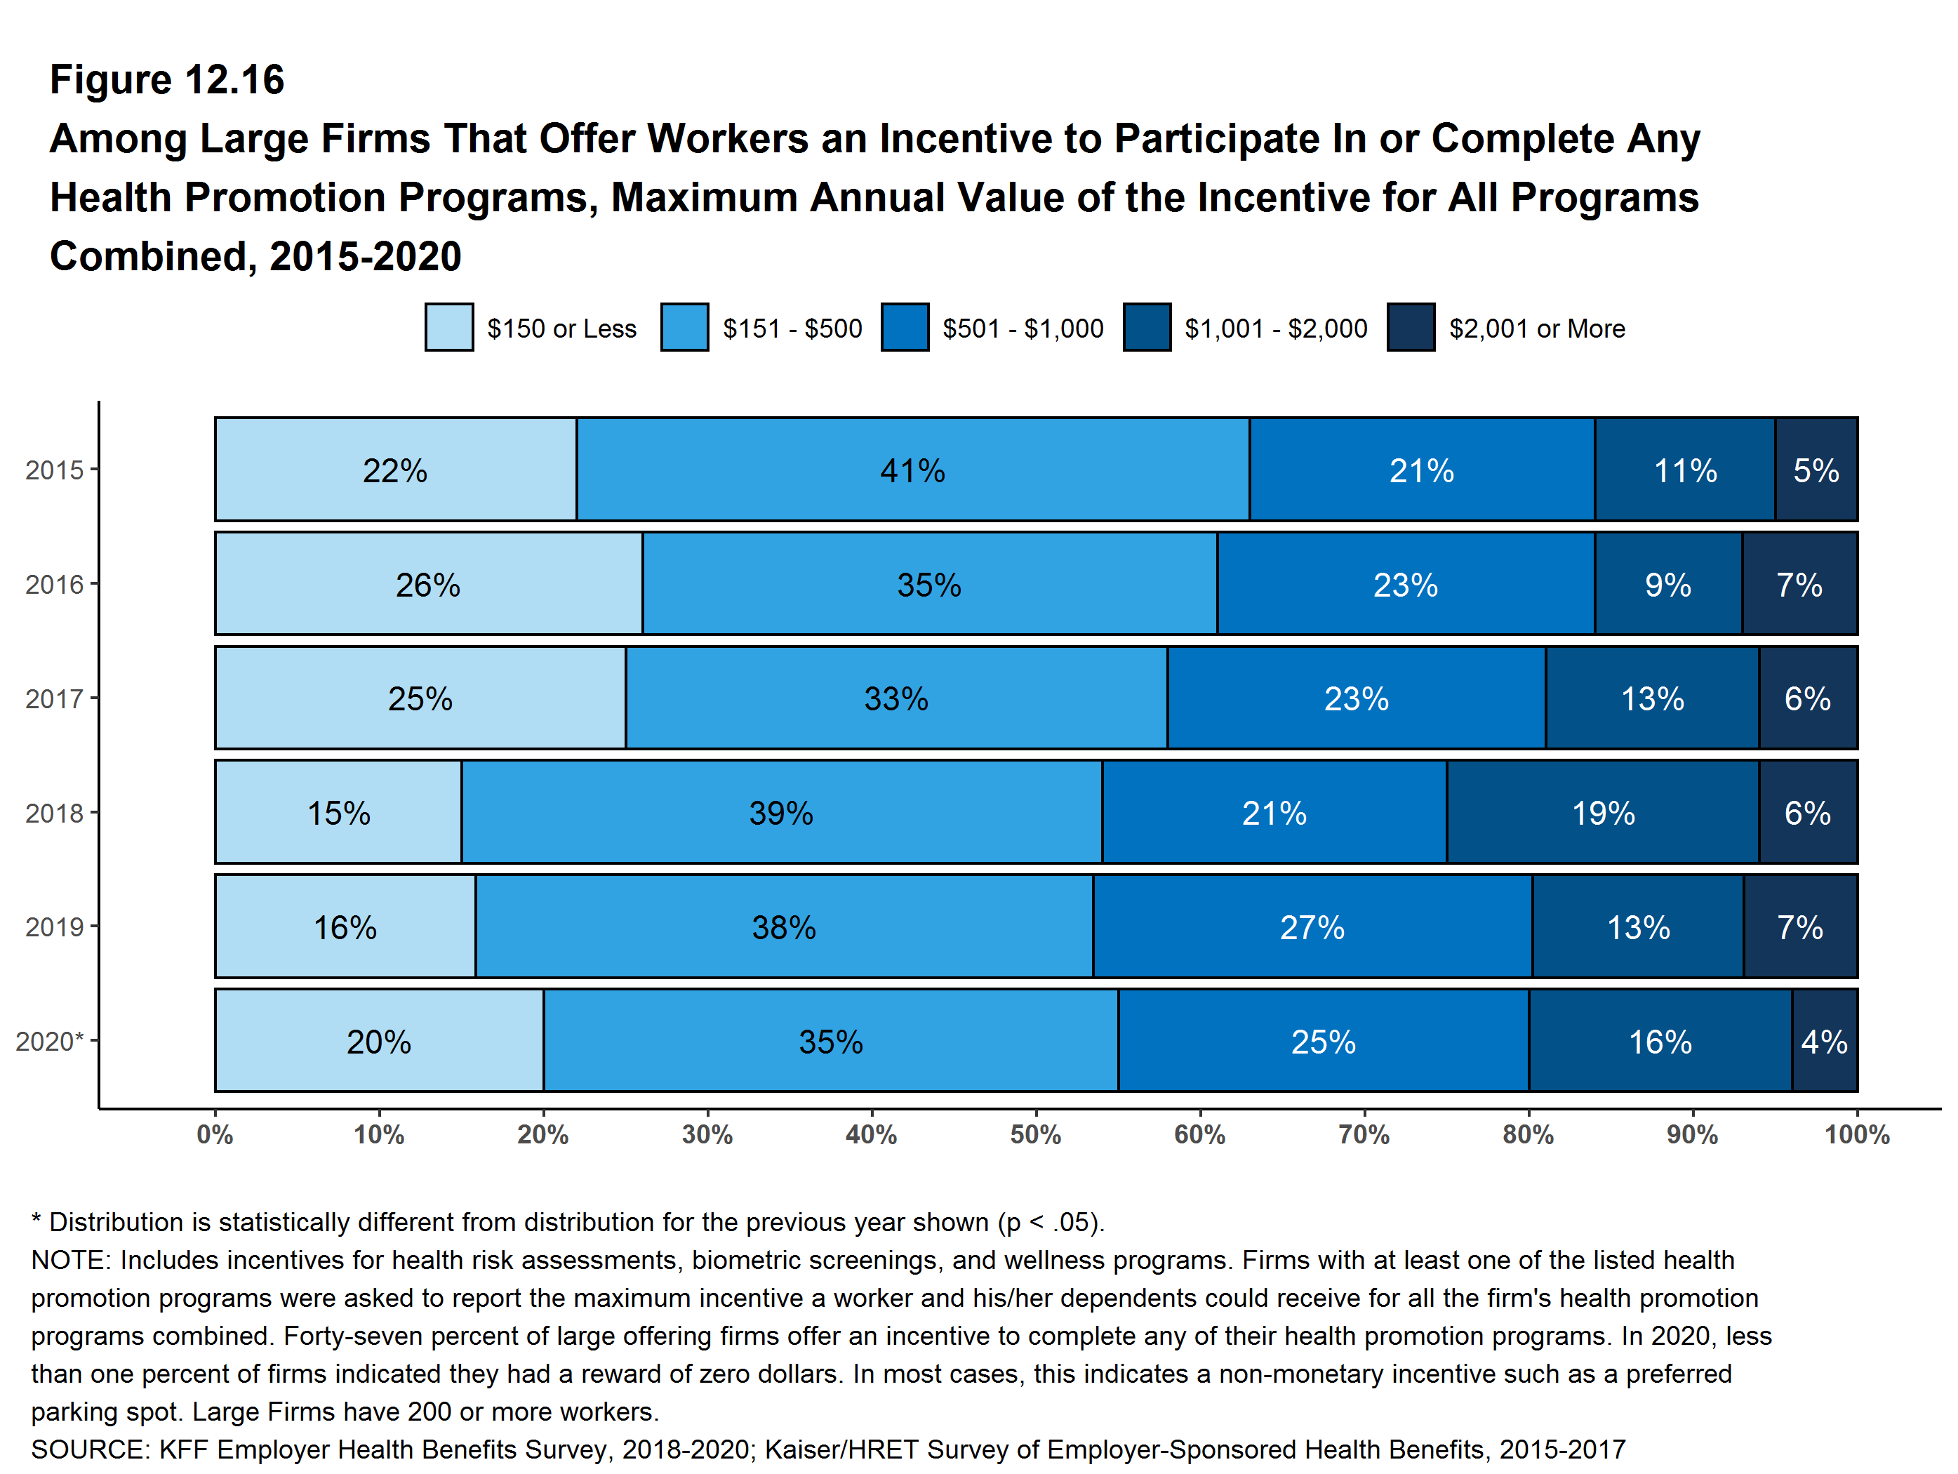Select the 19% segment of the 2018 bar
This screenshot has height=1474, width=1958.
coord(1602,812)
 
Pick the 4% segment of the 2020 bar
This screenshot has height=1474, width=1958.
coord(1825,1040)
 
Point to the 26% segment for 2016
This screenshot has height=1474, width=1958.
coord(428,583)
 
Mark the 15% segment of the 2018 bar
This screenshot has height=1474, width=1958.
coord(338,812)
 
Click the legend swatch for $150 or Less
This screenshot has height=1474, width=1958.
coord(448,328)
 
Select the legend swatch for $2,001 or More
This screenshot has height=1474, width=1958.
coord(1411,328)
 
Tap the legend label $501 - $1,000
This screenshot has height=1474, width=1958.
coord(1023,328)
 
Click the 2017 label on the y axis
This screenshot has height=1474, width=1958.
coord(54,698)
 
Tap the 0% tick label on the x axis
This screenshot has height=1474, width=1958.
coord(215,1134)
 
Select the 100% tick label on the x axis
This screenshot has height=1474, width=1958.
coord(1856,1134)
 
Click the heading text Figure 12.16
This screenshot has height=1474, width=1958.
coord(167,80)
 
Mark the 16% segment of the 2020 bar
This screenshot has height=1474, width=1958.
coord(1660,1040)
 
